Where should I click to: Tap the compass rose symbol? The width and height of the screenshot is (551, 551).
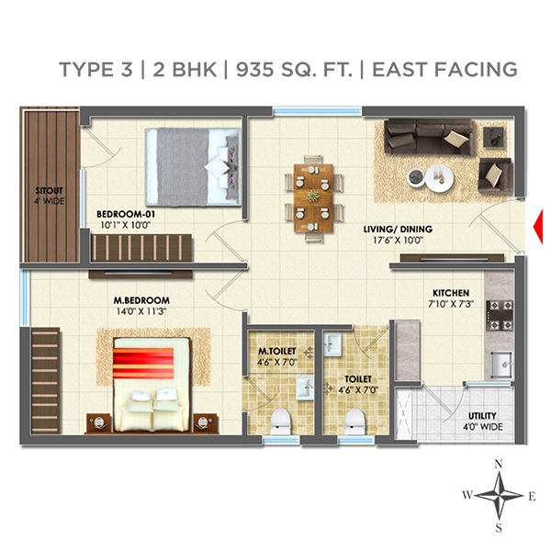pos(499,496)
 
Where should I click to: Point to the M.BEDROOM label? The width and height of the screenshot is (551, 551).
pos(141,301)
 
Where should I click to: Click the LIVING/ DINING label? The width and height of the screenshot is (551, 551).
pos(397,230)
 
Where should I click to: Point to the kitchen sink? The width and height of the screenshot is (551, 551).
pos(500,365)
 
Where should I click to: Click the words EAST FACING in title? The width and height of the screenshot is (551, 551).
pos(445,70)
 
